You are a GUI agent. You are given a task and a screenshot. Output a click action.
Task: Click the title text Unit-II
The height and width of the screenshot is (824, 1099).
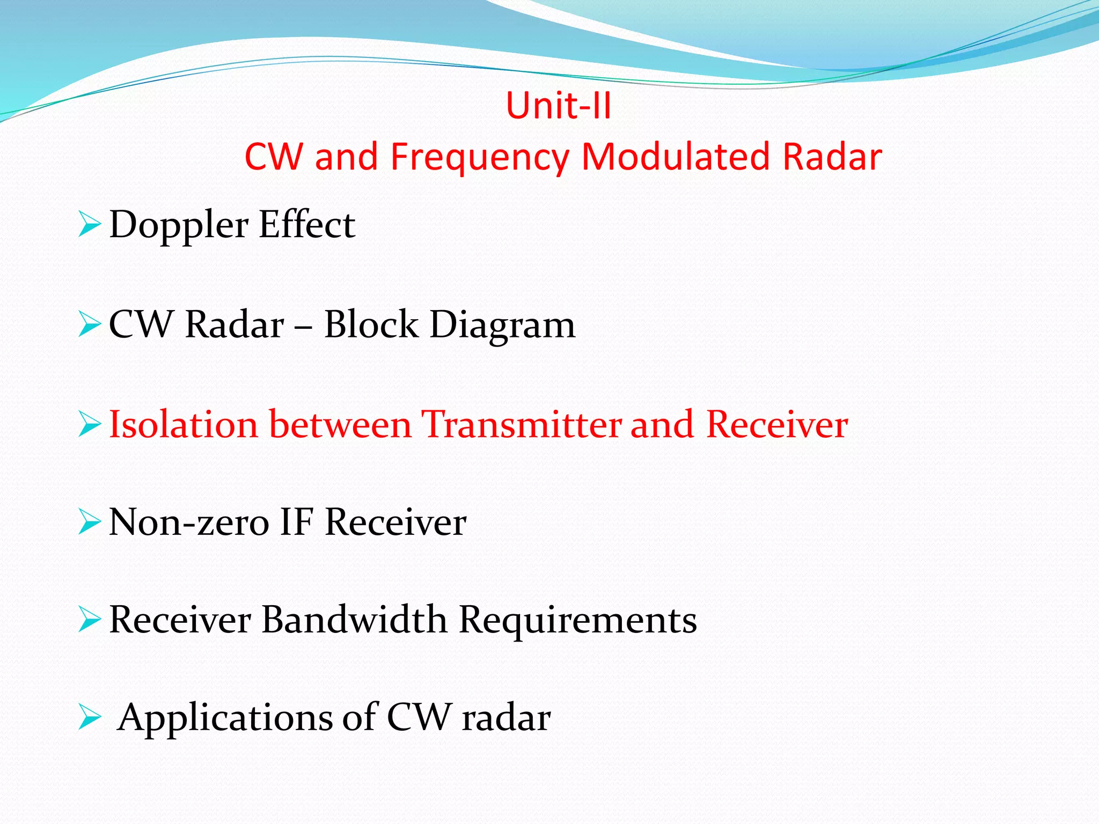pyautogui.click(x=558, y=105)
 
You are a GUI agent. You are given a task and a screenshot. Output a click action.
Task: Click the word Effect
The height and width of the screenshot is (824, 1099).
pyautogui.click(x=306, y=224)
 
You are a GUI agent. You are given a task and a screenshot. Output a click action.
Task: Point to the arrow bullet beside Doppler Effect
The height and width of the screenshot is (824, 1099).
pyautogui.click(x=89, y=224)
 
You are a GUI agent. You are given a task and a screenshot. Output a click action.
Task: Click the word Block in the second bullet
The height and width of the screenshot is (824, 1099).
pyautogui.click(x=371, y=325)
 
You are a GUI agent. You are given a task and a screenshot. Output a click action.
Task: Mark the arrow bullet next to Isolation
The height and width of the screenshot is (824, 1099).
pyautogui.click(x=89, y=424)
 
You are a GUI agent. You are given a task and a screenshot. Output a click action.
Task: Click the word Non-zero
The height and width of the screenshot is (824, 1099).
pyautogui.click(x=189, y=522)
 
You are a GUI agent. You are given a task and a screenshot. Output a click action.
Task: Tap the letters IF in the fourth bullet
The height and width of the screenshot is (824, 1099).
pyautogui.click(x=296, y=522)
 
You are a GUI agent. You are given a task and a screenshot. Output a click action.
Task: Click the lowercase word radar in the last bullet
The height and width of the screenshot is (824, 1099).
pyautogui.click(x=506, y=718)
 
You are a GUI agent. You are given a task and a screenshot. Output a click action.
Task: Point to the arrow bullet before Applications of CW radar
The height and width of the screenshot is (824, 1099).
pyautogui.click(x=89, y=717)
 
